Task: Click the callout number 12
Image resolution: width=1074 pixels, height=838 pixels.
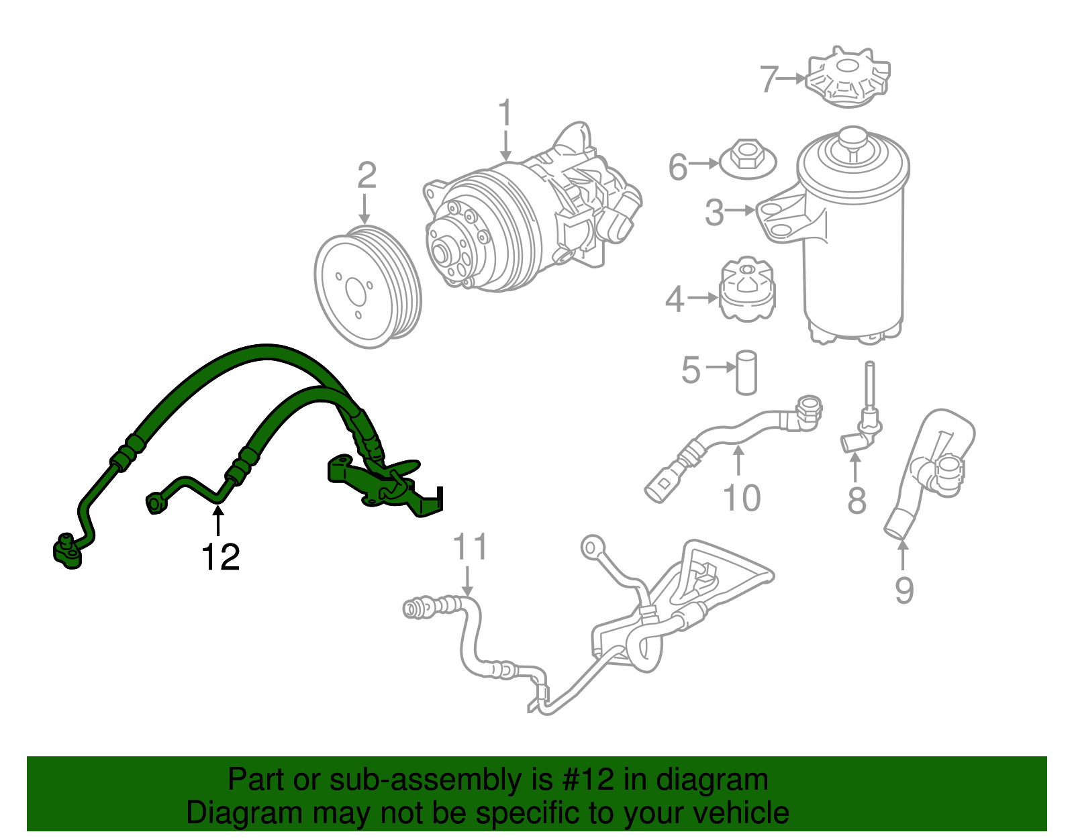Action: tap(220, 557)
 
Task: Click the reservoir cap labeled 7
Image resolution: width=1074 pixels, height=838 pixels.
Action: tap(848, 76)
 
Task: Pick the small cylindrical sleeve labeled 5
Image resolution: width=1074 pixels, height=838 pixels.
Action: tap(746, 372)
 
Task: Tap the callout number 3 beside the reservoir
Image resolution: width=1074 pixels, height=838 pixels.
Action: tap(714, 212)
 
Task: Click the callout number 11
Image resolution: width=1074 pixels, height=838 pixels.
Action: tap(470, 547)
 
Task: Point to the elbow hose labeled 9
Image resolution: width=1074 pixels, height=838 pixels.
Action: tap(930, 470)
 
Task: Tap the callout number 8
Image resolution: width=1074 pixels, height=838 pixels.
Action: tap(857, 501)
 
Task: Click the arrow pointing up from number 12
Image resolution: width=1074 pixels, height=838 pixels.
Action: tap(217, 521)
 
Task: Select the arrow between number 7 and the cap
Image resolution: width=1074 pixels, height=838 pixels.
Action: tap(792, 78)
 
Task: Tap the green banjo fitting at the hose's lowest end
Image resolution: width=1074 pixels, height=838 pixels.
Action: tap(67, 552)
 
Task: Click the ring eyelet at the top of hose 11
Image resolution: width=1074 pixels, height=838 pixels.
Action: tap(592, 546)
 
